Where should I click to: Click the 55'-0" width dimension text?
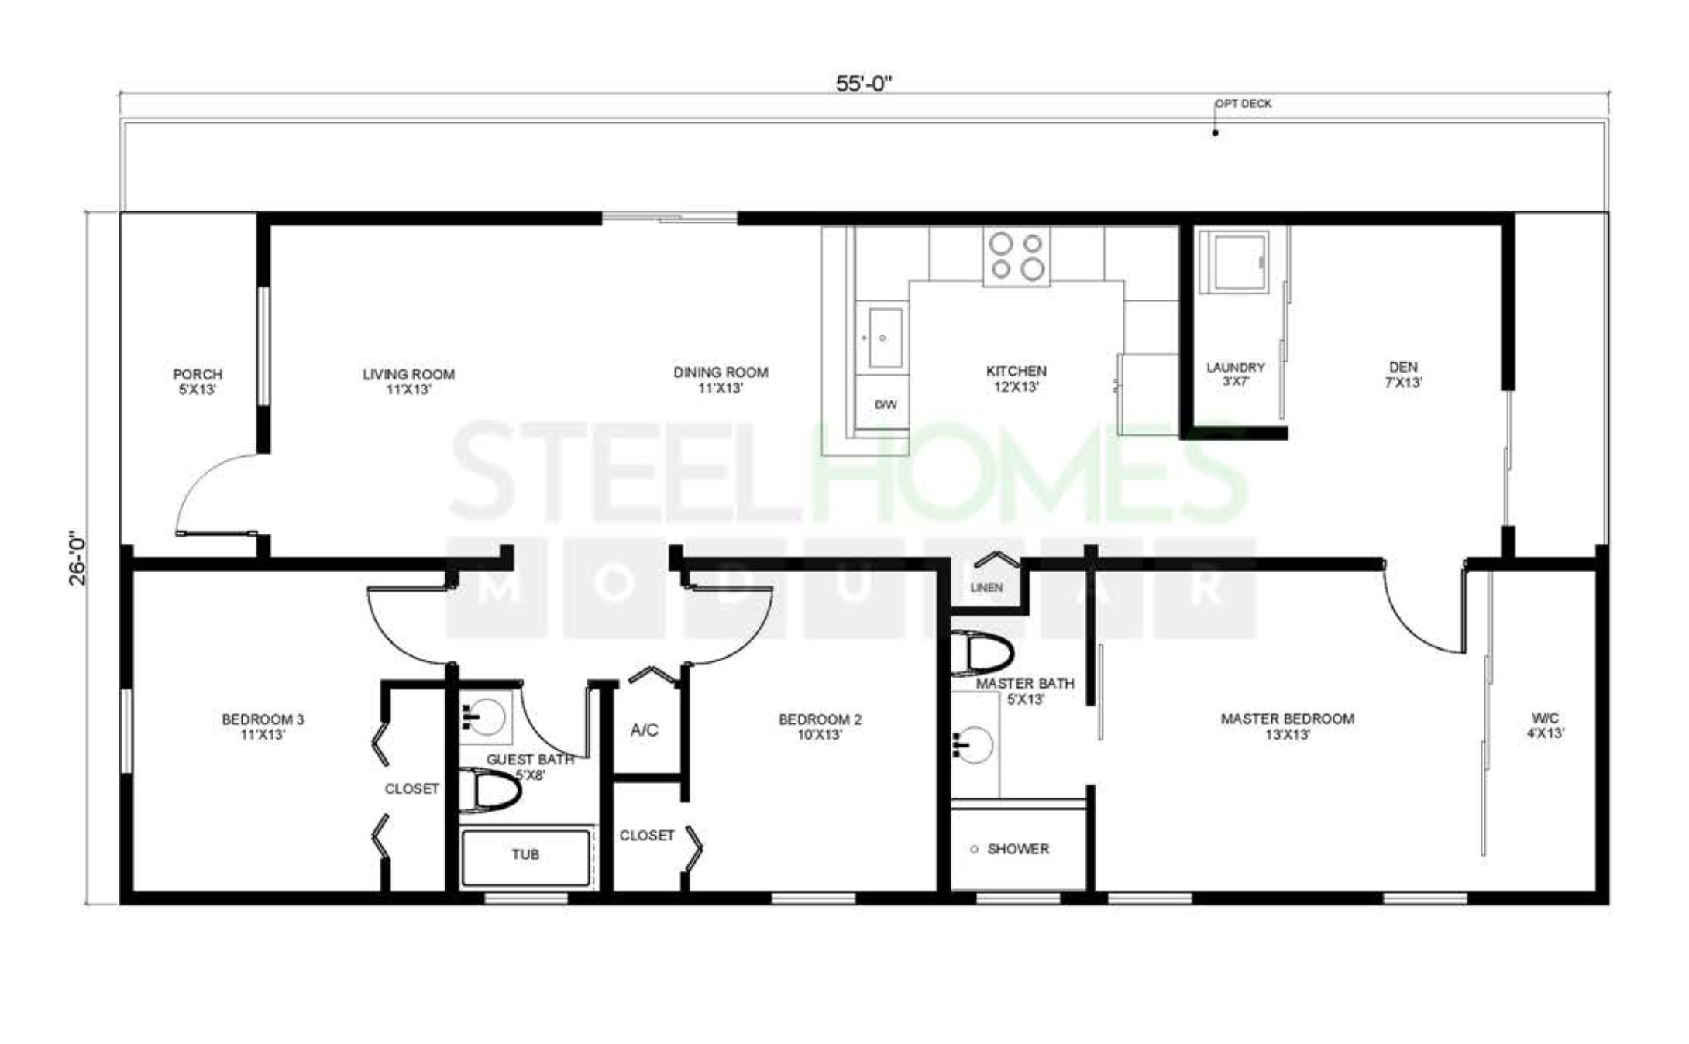coord(864,84)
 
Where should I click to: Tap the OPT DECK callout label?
coord(1243,104)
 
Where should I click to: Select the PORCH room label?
coord(198,374)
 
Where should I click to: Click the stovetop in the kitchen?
coord(1016,256)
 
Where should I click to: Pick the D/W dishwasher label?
coord(886,404)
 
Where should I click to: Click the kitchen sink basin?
coord(885,338)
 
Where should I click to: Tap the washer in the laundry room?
coord(1233,262)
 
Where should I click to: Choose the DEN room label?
coord(1403,367)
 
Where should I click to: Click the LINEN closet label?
coord(986,588)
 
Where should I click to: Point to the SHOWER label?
coord(1018,849)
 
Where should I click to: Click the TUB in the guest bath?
coord(526,857)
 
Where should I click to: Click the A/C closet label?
coord(645,730)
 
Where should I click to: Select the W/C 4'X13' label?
coord(1545,726)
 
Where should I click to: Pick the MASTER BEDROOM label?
coord(1288,719)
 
